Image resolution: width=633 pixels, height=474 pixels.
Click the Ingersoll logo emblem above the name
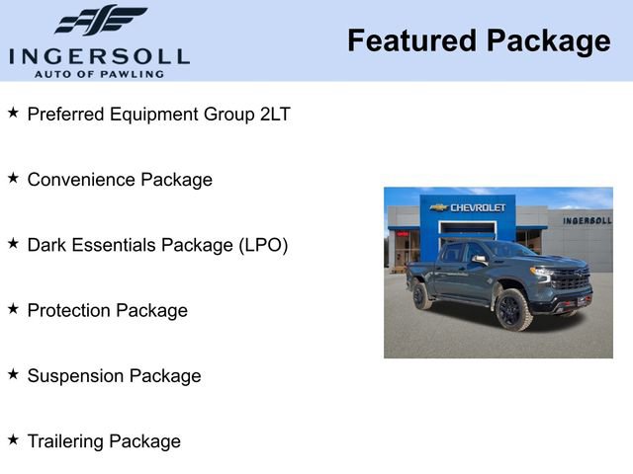tap(101, 20)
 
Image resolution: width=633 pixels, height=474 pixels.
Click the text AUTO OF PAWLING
tap(99, 73)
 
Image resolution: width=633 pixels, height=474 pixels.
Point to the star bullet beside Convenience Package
tap(13, 179)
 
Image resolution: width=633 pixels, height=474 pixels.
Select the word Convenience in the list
tap(81, 180)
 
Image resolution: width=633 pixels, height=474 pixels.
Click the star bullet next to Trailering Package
tap(13, 440)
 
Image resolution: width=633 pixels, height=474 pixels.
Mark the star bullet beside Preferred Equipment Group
tap(13, 114)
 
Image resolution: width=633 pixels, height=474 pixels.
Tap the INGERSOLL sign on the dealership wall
tap(587, 220)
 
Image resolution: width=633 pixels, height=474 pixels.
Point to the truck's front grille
tap(571, 279)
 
